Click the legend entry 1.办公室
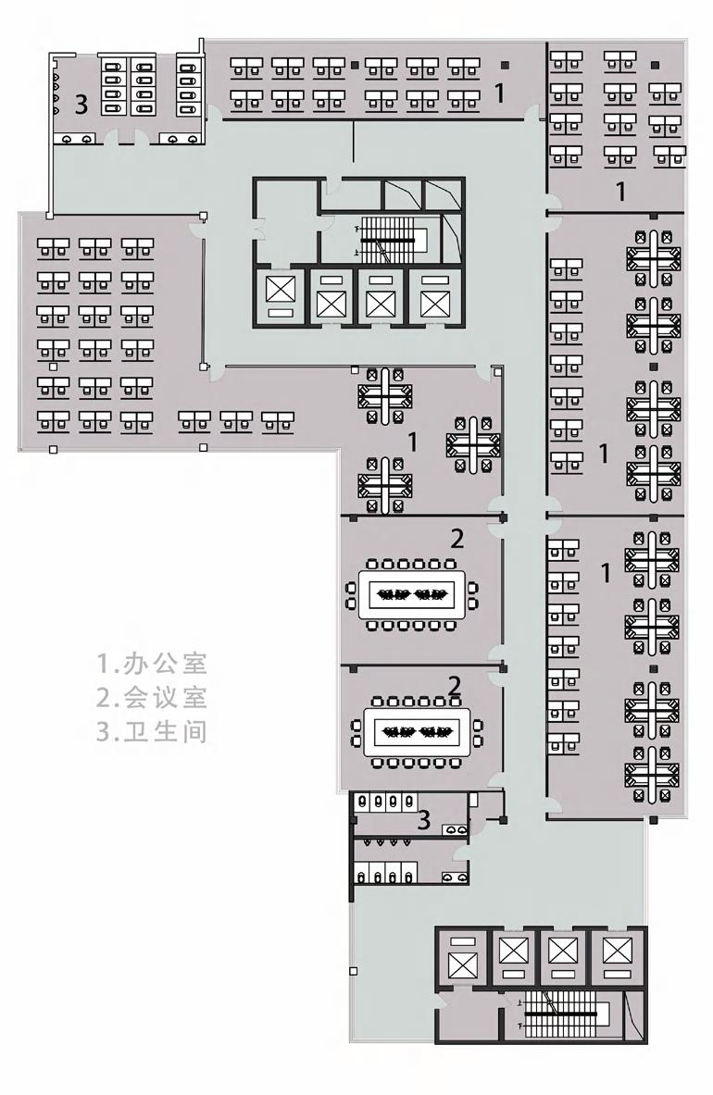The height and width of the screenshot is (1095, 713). pos(152,663)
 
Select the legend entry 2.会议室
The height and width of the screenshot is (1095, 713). pos(152,697)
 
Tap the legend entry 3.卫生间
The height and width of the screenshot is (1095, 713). pos(152,731)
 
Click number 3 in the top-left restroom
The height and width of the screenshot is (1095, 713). pos(81,105)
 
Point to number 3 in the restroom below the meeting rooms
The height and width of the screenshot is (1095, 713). pos(424,819)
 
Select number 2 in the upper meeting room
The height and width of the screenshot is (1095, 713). pos(457,538)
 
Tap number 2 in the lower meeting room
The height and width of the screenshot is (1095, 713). pos(455,685)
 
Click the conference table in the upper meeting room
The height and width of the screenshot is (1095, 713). pos(412,593)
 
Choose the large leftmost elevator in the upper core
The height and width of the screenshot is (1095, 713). pos(278,295)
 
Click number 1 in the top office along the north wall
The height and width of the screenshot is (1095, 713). pos(500,93)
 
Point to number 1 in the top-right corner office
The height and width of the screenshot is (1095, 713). pos(621,192)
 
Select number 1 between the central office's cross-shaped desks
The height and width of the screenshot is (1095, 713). pos(412,442)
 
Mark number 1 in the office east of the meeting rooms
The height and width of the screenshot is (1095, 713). pos(607,573)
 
